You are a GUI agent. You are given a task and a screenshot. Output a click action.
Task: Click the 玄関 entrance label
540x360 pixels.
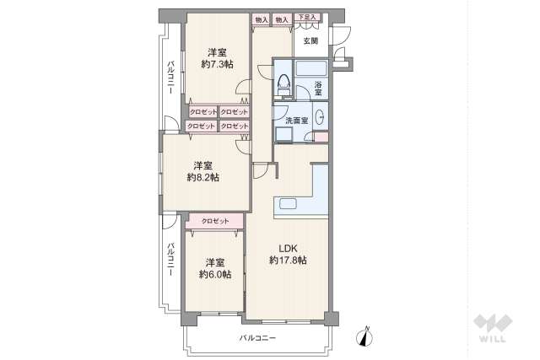310,40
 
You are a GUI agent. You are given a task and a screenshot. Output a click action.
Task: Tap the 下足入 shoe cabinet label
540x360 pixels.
305,18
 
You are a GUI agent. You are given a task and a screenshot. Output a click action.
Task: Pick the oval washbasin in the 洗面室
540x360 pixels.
320,117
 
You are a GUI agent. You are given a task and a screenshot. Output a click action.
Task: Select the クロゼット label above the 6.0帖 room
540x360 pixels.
215,221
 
